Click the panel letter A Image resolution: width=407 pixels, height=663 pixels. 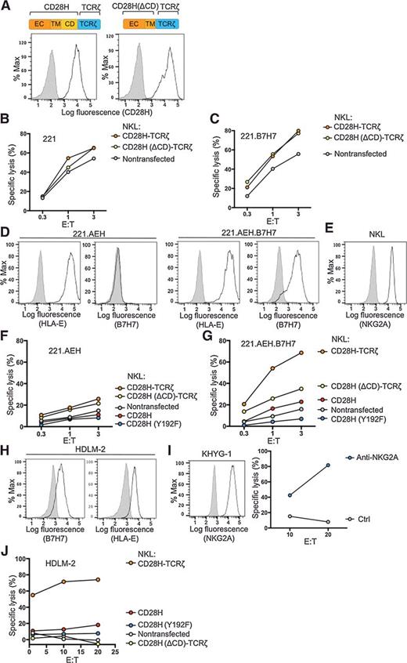tap(5, 6)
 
